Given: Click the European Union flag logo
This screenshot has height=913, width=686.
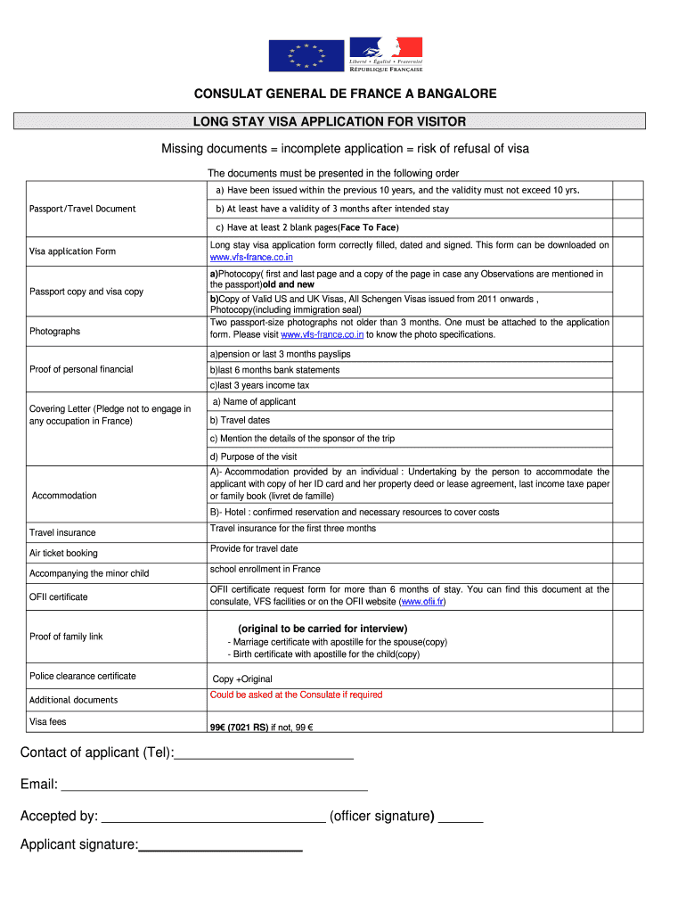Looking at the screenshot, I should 306,56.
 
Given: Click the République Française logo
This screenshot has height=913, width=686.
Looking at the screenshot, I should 386,55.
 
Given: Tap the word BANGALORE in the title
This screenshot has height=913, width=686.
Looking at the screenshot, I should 452,94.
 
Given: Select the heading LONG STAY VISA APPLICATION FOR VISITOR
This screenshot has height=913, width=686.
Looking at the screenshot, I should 330,121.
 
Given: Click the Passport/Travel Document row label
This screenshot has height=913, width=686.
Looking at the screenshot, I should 83,209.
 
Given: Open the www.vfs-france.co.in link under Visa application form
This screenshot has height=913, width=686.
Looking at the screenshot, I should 251,257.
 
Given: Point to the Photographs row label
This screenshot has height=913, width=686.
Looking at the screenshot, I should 54,331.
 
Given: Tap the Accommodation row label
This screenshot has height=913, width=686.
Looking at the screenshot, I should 64,496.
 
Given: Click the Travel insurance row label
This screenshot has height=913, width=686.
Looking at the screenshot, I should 62,532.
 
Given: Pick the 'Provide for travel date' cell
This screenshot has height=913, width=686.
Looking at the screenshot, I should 254,548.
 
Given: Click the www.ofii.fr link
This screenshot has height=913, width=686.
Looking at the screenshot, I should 423,602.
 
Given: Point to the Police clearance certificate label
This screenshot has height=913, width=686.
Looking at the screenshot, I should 83,676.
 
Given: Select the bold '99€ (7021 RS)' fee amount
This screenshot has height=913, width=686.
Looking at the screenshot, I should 239,728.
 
